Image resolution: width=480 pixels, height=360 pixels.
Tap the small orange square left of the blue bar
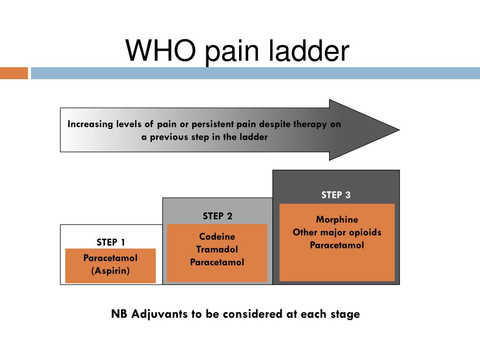(14, 73)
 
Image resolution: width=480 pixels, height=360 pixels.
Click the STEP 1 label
(111, 242)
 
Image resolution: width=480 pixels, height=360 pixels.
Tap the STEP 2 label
(217, 216)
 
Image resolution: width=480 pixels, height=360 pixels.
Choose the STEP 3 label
(336, 195)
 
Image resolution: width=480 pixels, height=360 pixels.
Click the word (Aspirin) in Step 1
(111, 271)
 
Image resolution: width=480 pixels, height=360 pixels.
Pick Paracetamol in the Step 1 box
(111, 258)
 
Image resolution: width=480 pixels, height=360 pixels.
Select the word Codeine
(217, 237)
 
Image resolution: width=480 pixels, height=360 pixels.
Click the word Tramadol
(217, 249)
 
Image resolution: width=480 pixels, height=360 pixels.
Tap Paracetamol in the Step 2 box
(217, 262)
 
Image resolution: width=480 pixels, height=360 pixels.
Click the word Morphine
(337, 219)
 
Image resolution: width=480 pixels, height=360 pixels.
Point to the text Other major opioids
(337, 232)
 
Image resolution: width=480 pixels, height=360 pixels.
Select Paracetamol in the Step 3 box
(337, 245)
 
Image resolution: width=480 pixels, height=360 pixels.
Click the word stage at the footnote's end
(346, 315)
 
